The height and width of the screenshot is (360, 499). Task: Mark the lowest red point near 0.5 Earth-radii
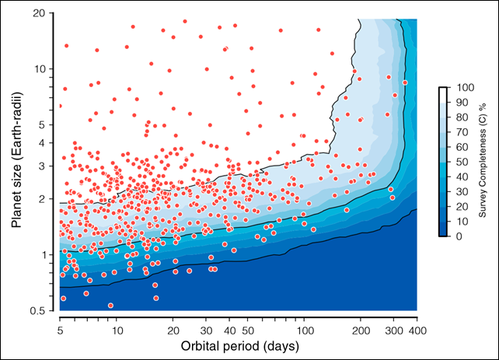click(110, 306)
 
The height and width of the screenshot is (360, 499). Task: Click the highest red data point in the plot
click(185, 22)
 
